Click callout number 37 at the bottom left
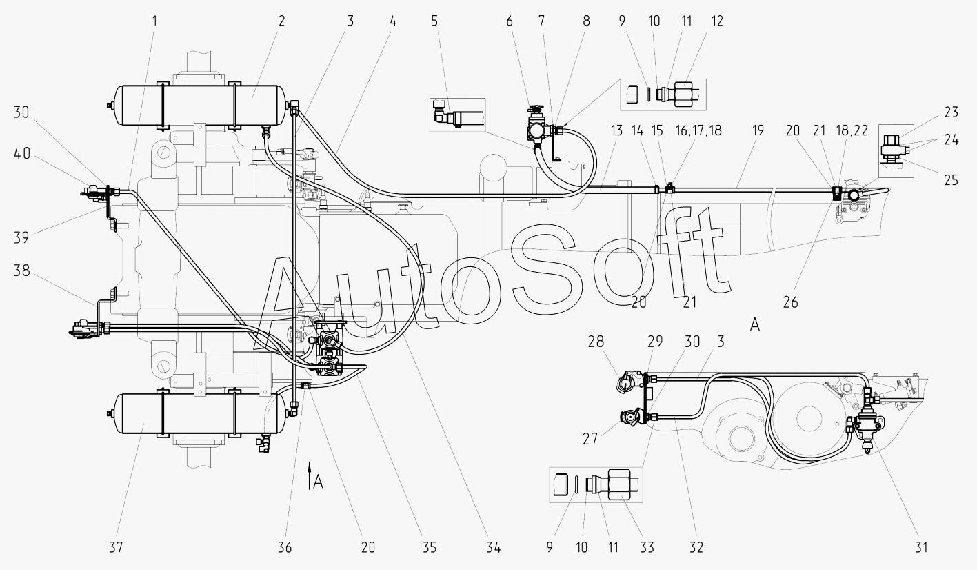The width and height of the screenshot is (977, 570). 116,547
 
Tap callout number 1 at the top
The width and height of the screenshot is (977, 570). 154,21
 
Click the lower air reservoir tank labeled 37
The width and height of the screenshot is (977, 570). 201,413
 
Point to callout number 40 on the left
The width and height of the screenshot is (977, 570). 22,154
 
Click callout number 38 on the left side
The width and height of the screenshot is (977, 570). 22,271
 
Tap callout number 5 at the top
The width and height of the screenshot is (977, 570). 434,21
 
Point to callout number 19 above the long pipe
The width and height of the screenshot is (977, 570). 758,130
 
